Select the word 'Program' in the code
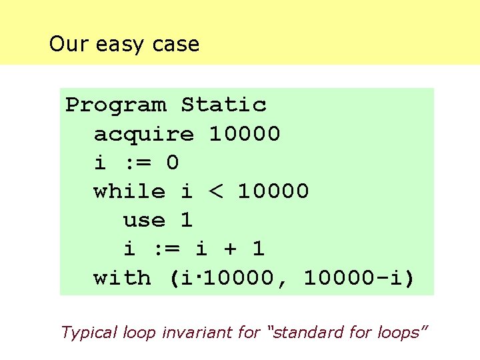coord(115,105)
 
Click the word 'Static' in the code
coord(223,105)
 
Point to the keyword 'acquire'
coord(143,134)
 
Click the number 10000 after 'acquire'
coord(245,134)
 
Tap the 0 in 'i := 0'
coord(173,163)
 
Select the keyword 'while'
coord(129,192)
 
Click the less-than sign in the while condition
coord(216,192)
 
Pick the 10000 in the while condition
coord(273,192)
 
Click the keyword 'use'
coord(144,221)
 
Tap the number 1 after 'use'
coord(187,221)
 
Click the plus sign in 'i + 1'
coord(231,249)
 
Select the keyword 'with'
coord(122,278)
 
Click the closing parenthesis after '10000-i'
coord(409,278)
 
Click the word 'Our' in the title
coord(69,45)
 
